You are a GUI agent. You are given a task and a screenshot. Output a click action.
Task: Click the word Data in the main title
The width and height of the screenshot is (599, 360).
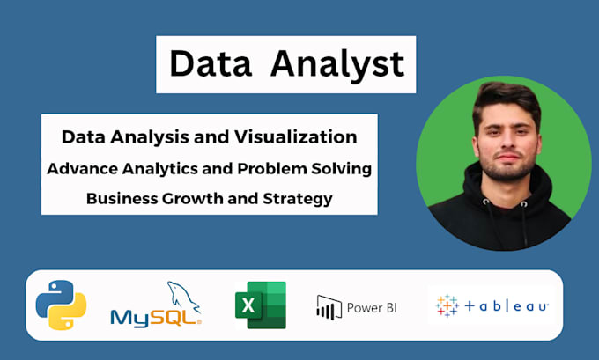207,64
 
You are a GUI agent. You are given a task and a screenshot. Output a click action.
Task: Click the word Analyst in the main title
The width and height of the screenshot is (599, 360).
338,64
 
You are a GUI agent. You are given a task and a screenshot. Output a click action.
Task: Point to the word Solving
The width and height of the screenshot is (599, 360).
341,168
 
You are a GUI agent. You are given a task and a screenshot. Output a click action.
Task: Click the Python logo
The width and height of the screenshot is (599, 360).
61,305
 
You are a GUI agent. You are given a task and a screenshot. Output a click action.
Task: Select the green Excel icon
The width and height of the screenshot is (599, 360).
260,305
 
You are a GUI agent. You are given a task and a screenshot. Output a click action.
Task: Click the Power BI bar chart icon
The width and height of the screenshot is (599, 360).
329,306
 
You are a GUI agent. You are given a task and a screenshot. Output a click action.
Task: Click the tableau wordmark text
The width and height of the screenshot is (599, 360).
507,306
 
